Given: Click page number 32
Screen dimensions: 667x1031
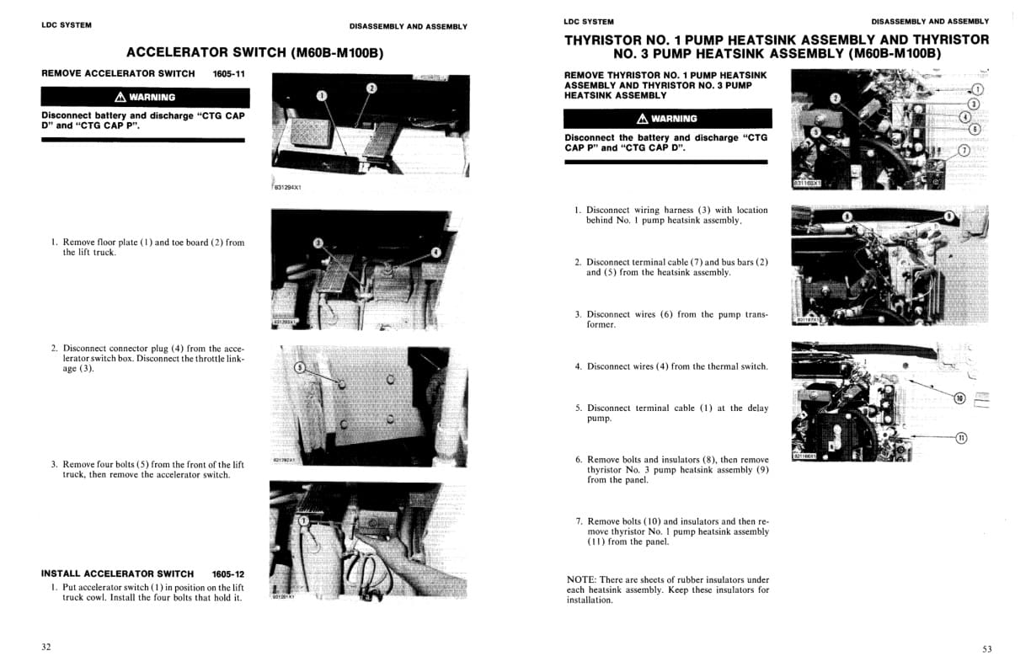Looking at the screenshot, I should tap(46, 647).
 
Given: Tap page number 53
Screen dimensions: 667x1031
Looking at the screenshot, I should tap(987, 648).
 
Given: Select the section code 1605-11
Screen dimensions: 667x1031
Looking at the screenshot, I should tap(228, 74).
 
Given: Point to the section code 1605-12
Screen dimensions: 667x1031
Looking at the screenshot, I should tap(228, 574).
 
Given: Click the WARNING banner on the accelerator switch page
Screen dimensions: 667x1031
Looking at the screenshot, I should tap(146, 97).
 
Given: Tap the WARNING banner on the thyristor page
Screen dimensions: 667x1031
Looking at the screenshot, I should tap(667, 119).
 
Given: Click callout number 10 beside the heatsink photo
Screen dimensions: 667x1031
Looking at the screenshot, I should tap(959, 398).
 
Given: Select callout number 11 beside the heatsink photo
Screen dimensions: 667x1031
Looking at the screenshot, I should tap(961, 436).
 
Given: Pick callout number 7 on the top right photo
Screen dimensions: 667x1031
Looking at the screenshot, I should tap(964, 151).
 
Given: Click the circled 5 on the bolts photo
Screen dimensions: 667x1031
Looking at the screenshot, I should tap(299, 367).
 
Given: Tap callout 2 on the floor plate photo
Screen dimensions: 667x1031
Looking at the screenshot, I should tap(371, 88).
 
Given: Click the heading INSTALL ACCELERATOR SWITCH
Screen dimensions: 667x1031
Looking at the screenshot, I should tap(117, 574).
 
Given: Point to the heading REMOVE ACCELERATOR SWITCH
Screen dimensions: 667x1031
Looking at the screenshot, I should tap(118, 74).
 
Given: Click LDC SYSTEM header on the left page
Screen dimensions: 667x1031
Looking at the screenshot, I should tap(67, 25).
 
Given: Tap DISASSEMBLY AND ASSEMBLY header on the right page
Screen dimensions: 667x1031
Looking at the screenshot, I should tap(930, 21).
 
